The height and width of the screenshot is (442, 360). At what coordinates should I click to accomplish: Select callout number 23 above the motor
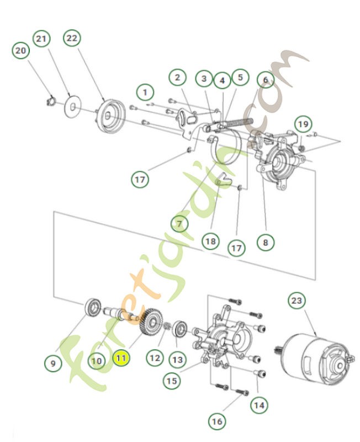tap(297, 301)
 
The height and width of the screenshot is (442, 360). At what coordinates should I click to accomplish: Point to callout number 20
tap(20, 51)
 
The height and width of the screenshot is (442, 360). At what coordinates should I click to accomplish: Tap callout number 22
tap(72, 38)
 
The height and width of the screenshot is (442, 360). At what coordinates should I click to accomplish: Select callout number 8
tap(266, 241)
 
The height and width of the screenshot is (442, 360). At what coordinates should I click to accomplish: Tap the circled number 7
tap(179, 223)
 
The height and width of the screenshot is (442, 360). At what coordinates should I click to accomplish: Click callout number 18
tap(210, 241)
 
